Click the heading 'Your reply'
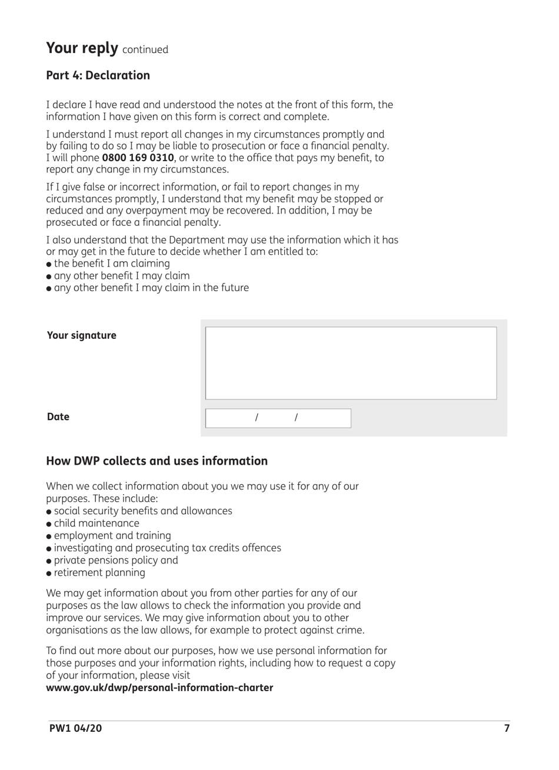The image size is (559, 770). [x=82, y=48]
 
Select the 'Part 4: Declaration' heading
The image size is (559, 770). [x=98, y=75]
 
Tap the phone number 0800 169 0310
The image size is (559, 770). [x=138, y=158]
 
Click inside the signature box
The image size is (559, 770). [x=351, y=363]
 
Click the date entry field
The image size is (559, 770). [x=278, y=418]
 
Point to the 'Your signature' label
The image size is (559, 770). [x=82, y=335]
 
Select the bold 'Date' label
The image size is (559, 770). [x=58, y=416]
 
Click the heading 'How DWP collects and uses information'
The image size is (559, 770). [x=157, y=461]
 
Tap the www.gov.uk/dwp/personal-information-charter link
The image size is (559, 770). [x=159, y=687]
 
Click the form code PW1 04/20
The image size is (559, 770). [x=75, y=728]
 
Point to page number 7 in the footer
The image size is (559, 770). [x=507, y=728]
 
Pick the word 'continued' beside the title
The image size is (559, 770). [x=145, y=50]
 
